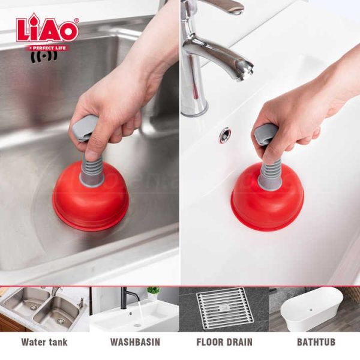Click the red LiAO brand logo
[x=47, y=29]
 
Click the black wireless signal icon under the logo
[x=44, y=57]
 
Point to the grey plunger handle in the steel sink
[x=84, y=128]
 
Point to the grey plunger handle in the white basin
[x=266, y=135]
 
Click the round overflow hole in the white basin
[x=224, y=136]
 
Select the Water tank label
[x=44, y=342]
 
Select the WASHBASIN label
[x=135, y=342]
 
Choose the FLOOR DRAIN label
[x=224, y=342]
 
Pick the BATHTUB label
[x=316, y=342]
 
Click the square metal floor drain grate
[x=225, y=308]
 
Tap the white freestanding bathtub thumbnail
[x=312, y=309]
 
